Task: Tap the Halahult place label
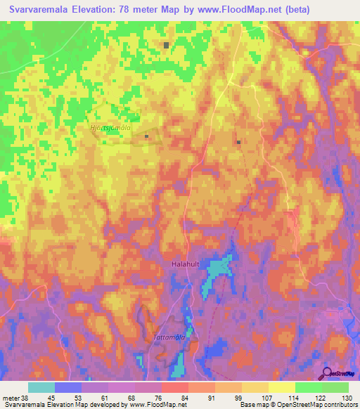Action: pyautogui.click(x=187, y=264)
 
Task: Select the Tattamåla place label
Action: pyautogui.click(x=169, y=337)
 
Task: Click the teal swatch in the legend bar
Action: pyautogui.click(x=41, y=387)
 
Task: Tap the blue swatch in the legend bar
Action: pyautogui.click(x=68, y=387)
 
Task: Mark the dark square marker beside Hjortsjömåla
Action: pyautogui.click(x=146, y=136)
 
